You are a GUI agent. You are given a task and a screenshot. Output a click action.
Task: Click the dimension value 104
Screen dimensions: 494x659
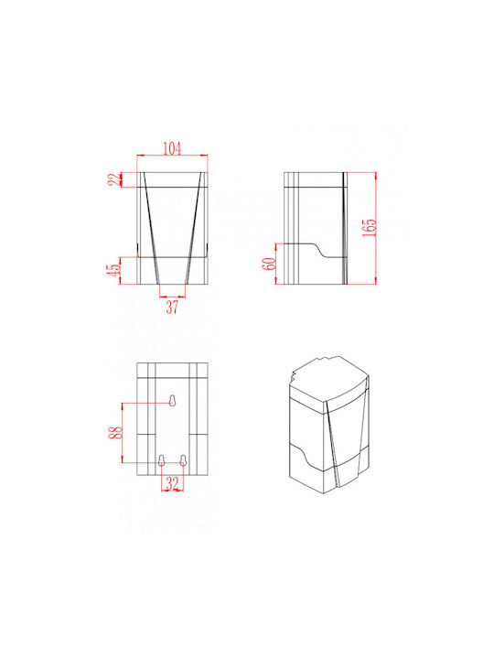(x=172, y=148)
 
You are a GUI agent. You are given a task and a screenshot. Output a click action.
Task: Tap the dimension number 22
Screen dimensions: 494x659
(x=114, y=179)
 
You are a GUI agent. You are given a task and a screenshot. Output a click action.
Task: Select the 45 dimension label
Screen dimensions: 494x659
(x=113, y=270)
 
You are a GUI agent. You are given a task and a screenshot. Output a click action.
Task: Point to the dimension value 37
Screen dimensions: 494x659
(x=172, y=308)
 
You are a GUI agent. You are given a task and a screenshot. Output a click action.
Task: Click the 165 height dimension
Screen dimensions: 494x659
(x=370, y=227)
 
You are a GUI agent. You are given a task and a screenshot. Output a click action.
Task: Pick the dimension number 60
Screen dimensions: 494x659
(x=269, y=264)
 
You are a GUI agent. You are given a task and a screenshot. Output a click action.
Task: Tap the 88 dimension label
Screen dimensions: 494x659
(x=115, y=432)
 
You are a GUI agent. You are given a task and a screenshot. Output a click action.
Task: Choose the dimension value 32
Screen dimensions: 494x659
(x=173, y=483)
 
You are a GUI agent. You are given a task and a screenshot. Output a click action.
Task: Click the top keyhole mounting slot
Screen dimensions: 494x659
(x=172, y=401)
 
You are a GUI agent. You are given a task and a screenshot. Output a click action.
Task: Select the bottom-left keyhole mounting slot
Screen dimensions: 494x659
(x=161, y=460)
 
